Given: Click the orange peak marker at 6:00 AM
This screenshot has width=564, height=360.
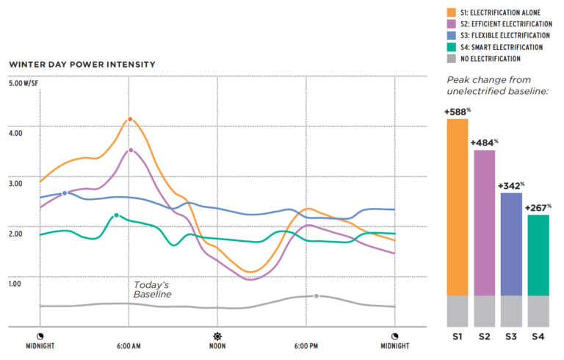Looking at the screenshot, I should point(130,119).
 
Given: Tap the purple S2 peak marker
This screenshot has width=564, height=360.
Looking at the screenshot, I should point(131,150).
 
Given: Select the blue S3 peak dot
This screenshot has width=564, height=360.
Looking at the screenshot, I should point(65,193).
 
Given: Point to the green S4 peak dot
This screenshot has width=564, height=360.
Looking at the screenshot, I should point(116,215).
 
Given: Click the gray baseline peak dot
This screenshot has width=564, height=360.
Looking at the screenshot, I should point(317,296).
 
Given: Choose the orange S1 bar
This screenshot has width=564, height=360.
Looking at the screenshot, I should point(457,207).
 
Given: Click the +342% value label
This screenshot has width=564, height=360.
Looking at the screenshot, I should point(511,187).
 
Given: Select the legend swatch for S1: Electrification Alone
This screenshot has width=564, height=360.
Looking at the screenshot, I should point(452,12).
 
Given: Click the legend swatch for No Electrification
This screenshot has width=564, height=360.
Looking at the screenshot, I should point(452,59).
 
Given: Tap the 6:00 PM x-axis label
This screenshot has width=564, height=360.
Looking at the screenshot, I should point(305,345).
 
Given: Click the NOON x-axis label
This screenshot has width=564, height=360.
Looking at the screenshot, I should point(217,345).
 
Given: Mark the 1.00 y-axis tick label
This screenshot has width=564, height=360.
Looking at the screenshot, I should point(16,283).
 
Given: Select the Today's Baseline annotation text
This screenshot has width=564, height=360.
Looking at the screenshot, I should point(152,289).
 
